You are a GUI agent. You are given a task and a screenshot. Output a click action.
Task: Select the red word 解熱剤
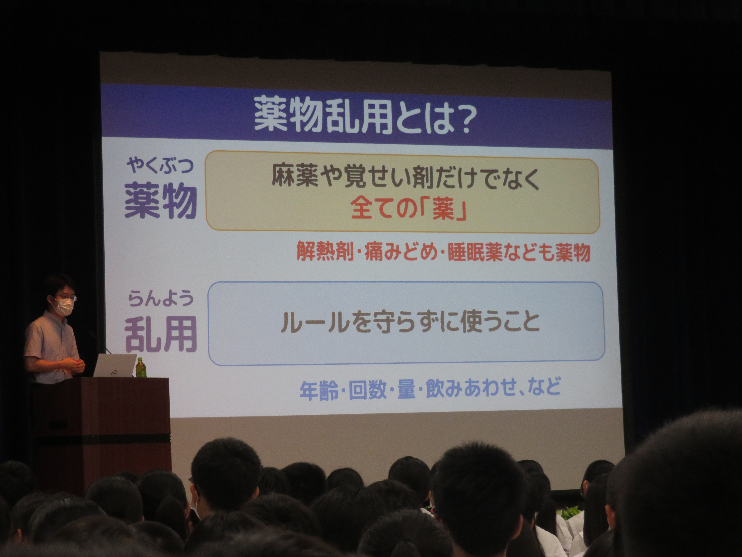[325, 251]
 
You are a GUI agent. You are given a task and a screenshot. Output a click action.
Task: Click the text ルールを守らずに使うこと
[410, 322]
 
